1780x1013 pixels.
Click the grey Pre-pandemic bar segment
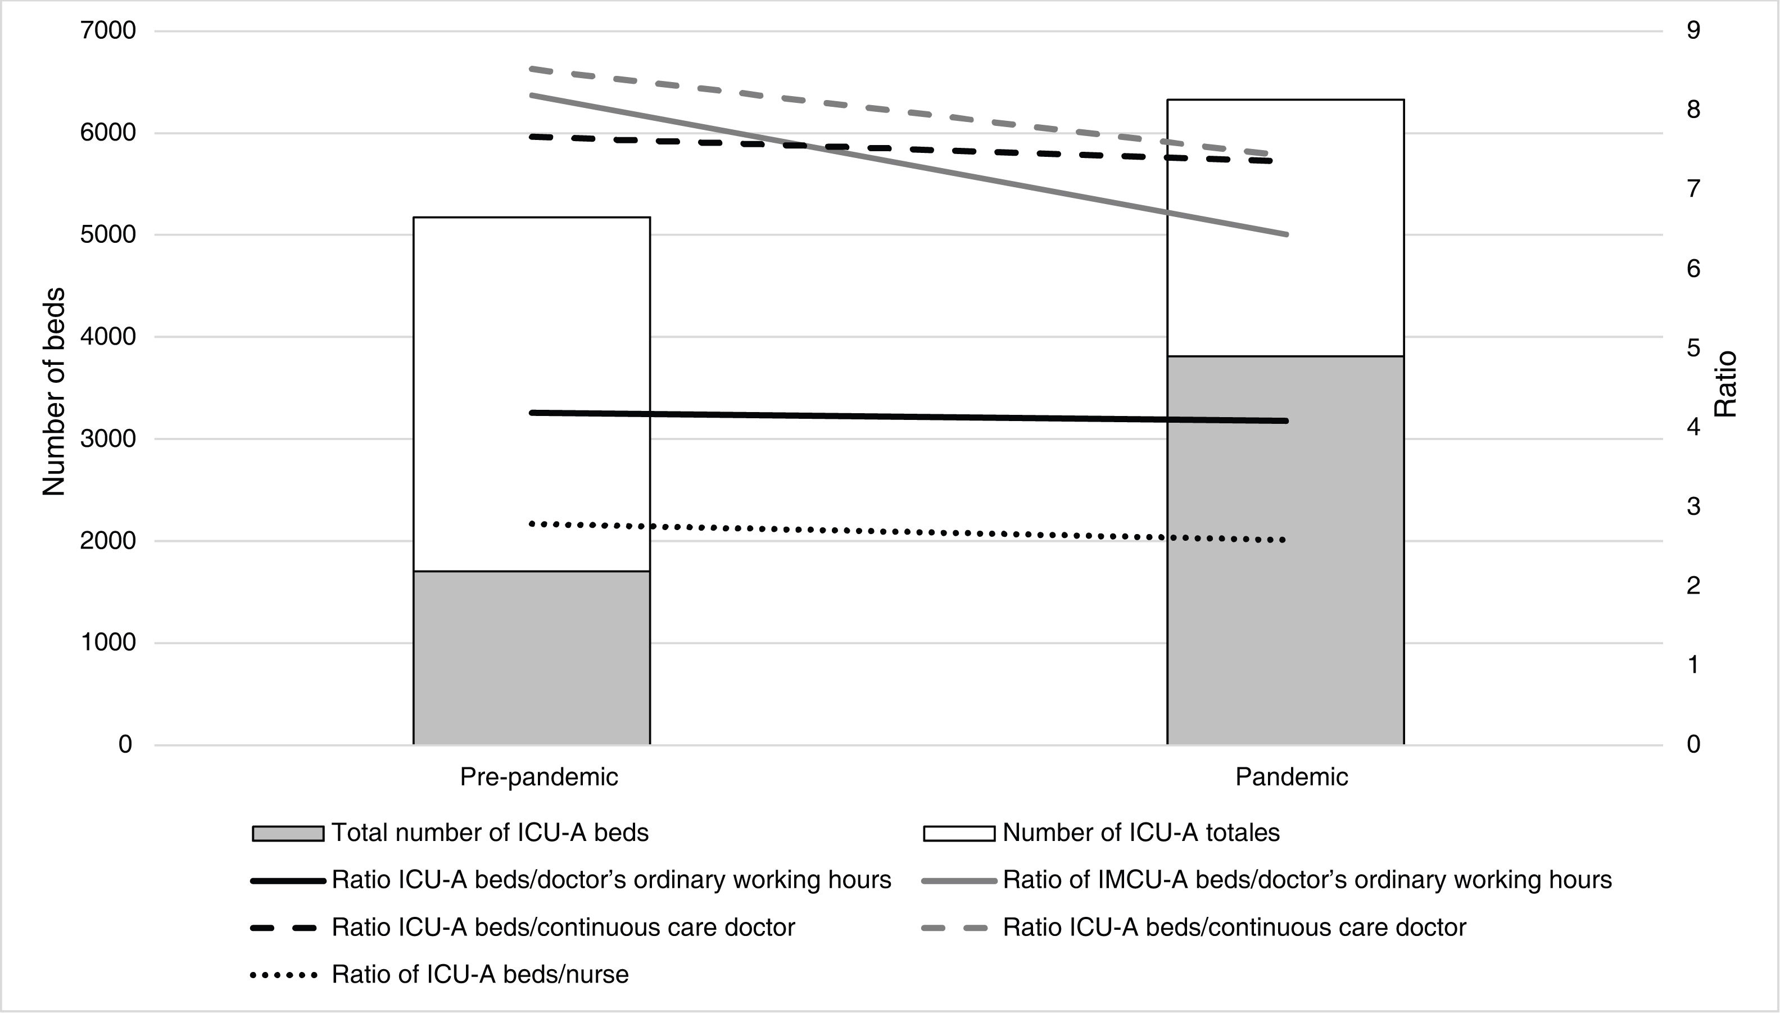(532, 658)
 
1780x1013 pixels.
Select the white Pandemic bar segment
(1285, 292)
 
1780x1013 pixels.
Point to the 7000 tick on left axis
(107, 31)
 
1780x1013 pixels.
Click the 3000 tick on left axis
(107, 439)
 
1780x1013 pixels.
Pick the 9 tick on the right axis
(1693, 30)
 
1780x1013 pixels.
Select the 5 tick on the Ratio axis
(1693, 348)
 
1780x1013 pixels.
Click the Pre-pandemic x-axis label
(538, 777)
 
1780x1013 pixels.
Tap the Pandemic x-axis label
(1291, 777)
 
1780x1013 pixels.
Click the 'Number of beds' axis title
(53, 391)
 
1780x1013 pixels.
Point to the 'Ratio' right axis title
(1725, 384)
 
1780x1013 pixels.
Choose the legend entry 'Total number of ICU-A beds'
(490, 833)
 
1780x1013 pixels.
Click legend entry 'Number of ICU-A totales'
(1141, 833)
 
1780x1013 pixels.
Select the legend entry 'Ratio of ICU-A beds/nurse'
(480, 975)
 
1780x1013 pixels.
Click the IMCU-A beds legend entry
(1307, 880)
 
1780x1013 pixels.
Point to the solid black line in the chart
(904, 417)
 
